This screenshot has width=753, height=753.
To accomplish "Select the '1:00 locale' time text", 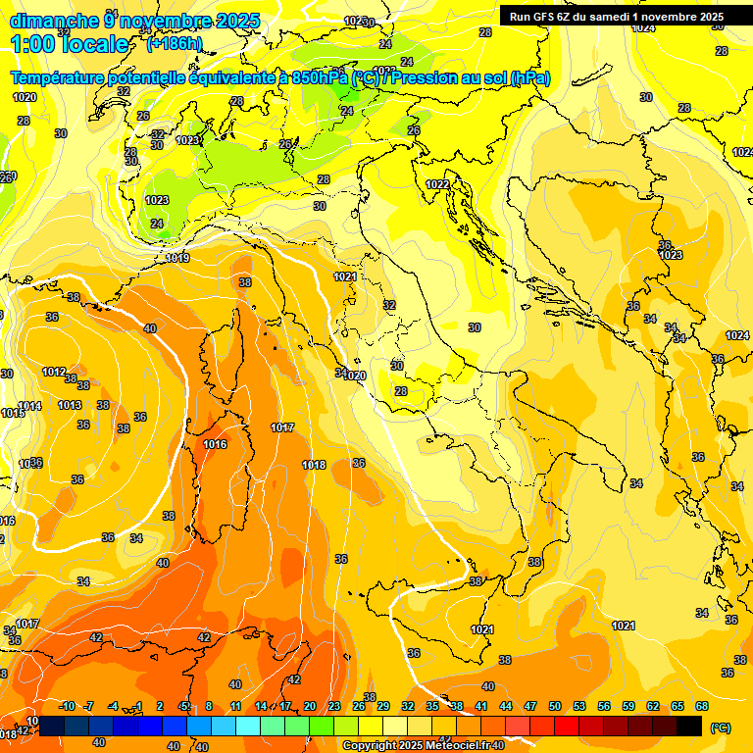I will click(x=70, y=44).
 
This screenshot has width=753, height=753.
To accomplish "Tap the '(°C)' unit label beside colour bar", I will click(x=720, y=728).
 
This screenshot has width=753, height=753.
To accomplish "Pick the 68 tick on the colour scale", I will click(x=701, y=706).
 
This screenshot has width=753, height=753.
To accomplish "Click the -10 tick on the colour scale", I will click(x=67, y=706).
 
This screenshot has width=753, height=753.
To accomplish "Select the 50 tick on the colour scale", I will click(x=555, y=706).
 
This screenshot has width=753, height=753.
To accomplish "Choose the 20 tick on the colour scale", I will click(x=310, y=706).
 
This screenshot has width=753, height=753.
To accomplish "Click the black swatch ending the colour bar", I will click(x=689, y=726).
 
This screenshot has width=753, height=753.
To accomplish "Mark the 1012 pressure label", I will click(x=54, y=372).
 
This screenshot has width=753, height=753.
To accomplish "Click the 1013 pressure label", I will click(x=70, y=405).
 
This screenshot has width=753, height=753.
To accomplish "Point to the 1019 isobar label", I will click(x=177, y=258).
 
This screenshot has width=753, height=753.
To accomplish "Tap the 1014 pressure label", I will click(x=29, y=406).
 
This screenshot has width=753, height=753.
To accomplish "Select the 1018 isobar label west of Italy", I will click(x=314, y=465).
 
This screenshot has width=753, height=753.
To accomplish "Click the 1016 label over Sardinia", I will click(x=216, y=444).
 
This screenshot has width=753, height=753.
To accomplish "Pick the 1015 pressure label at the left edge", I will click(x=12, y=414).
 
